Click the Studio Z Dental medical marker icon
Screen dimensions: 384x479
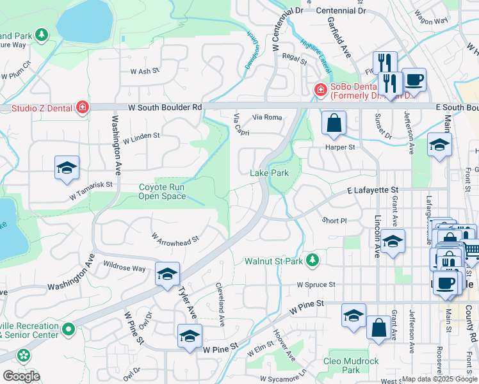82,108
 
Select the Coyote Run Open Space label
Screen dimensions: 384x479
163,192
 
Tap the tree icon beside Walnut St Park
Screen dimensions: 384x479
312,260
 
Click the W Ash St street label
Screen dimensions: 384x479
144,72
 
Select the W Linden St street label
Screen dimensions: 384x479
142,137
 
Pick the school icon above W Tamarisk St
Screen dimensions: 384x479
67,168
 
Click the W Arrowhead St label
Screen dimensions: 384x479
175,237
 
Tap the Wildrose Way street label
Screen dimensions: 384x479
124,268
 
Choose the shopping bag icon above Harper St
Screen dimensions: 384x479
334,123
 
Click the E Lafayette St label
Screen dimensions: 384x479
373,191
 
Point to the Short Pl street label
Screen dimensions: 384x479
334,220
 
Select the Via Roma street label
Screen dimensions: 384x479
267,118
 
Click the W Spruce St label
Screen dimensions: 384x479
316,285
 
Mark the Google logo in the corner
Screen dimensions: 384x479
22,376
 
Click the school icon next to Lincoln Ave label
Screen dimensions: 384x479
394,241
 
